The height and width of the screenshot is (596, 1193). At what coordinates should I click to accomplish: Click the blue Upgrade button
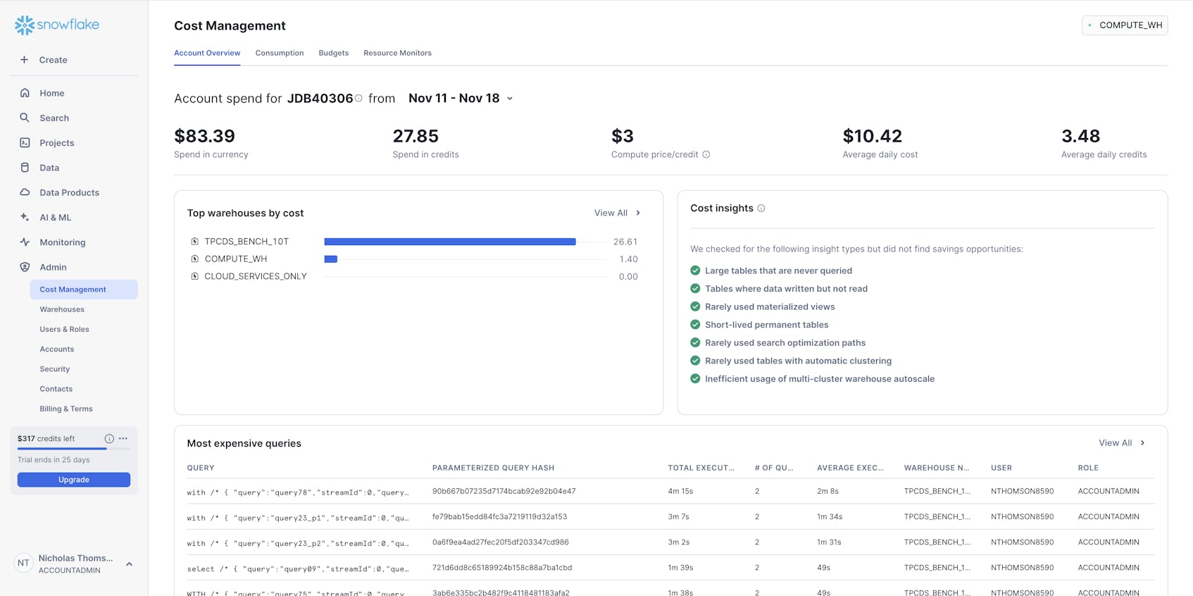pos(74,480)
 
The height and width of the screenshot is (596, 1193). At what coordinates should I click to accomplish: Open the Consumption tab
pos(280,53)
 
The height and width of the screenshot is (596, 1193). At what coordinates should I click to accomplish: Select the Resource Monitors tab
pos(397,53)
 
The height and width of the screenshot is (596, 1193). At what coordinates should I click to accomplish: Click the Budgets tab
pos(334,53)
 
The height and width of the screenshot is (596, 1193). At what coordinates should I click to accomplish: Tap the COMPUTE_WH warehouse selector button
pos(1125,25)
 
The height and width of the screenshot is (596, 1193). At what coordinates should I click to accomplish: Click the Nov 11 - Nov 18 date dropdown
pos(461,99)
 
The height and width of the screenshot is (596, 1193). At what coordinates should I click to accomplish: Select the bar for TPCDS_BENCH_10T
pos(449,242)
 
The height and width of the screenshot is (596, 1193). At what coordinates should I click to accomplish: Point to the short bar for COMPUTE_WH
pos(330,259)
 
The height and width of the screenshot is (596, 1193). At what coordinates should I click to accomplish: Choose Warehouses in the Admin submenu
pos(62,309)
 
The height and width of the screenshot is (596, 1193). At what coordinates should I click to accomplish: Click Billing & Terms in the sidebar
pos(66,409)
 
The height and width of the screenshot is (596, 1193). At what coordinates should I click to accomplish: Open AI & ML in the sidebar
pos(55,218)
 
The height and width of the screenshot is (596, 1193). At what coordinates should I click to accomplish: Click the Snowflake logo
pos(57,25)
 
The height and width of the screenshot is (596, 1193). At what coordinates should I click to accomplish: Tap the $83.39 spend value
pos(205,136)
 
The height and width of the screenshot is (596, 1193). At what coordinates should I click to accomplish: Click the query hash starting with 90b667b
pos(504,491)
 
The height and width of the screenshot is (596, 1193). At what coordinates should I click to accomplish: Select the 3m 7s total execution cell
pos(678,516)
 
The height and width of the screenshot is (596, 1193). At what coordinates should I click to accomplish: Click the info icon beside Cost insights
pos(761,209)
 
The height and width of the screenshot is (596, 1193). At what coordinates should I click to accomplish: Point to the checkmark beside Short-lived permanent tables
pos(695,325)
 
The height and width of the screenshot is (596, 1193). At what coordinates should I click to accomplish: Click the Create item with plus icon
pos(44,60)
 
